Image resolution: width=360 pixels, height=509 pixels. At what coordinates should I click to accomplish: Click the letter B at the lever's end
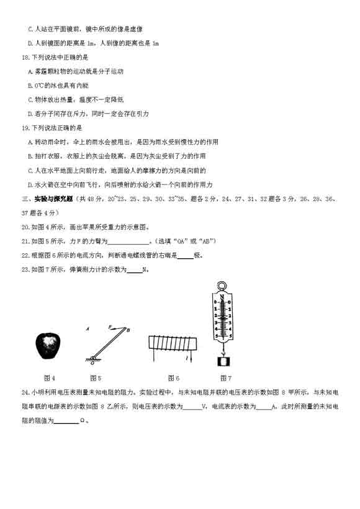[128, 330]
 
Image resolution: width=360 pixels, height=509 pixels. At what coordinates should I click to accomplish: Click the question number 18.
[25, 58]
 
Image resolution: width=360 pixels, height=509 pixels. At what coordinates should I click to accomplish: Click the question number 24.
[25, 392]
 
